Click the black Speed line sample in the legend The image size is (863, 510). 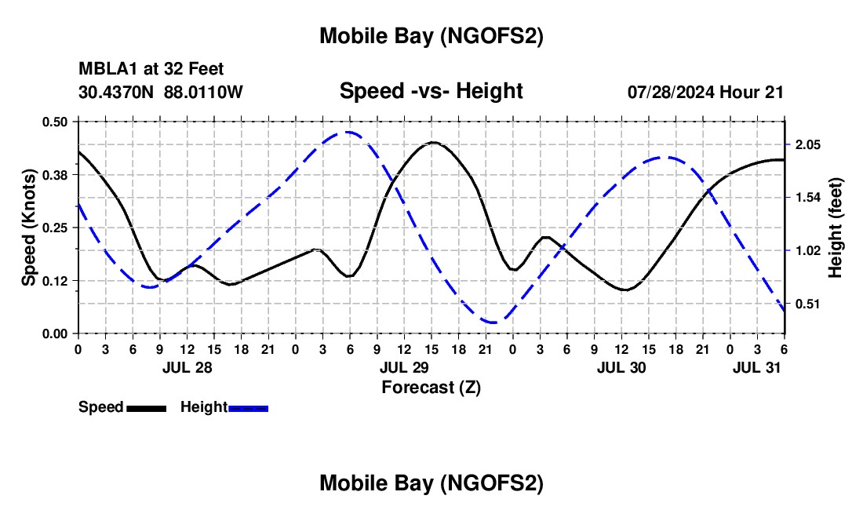146,408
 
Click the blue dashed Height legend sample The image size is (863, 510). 248,408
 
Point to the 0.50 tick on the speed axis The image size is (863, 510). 56,122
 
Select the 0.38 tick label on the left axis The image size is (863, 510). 56,174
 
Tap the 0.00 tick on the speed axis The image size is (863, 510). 56,333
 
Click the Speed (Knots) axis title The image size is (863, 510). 29,228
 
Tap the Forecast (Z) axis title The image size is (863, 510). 431,387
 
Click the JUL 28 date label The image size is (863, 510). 187,367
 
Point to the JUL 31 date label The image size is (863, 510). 757,367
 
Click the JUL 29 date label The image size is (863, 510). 404,367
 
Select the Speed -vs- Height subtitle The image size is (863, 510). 431,91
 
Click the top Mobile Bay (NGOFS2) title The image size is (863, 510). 431,36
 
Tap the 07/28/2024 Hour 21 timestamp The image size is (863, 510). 705,92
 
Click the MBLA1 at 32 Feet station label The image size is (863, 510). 151,69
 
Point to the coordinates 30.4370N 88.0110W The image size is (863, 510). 161,92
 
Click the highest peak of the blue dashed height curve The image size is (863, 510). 348,133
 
